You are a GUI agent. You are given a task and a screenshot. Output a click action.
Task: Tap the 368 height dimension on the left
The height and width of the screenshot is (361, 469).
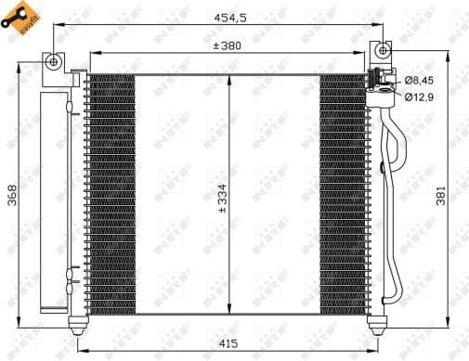coord(14,196)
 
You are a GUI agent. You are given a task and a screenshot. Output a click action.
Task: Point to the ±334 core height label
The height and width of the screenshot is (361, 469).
coord(220,196)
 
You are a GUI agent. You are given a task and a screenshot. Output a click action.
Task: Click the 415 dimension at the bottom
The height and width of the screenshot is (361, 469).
coord(228,343)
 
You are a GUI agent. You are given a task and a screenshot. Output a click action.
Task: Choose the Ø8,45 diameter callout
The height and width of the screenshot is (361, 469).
coord(418,79)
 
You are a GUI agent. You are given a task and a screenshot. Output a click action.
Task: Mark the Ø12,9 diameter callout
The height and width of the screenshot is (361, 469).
coord(418,96)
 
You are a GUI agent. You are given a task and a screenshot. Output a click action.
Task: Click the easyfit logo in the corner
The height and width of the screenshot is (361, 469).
coord(23,21)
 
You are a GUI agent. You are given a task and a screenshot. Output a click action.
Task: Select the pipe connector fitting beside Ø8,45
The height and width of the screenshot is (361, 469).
coord(380,83)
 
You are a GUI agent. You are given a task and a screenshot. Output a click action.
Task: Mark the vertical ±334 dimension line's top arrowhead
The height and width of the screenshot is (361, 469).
coord(229,78)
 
